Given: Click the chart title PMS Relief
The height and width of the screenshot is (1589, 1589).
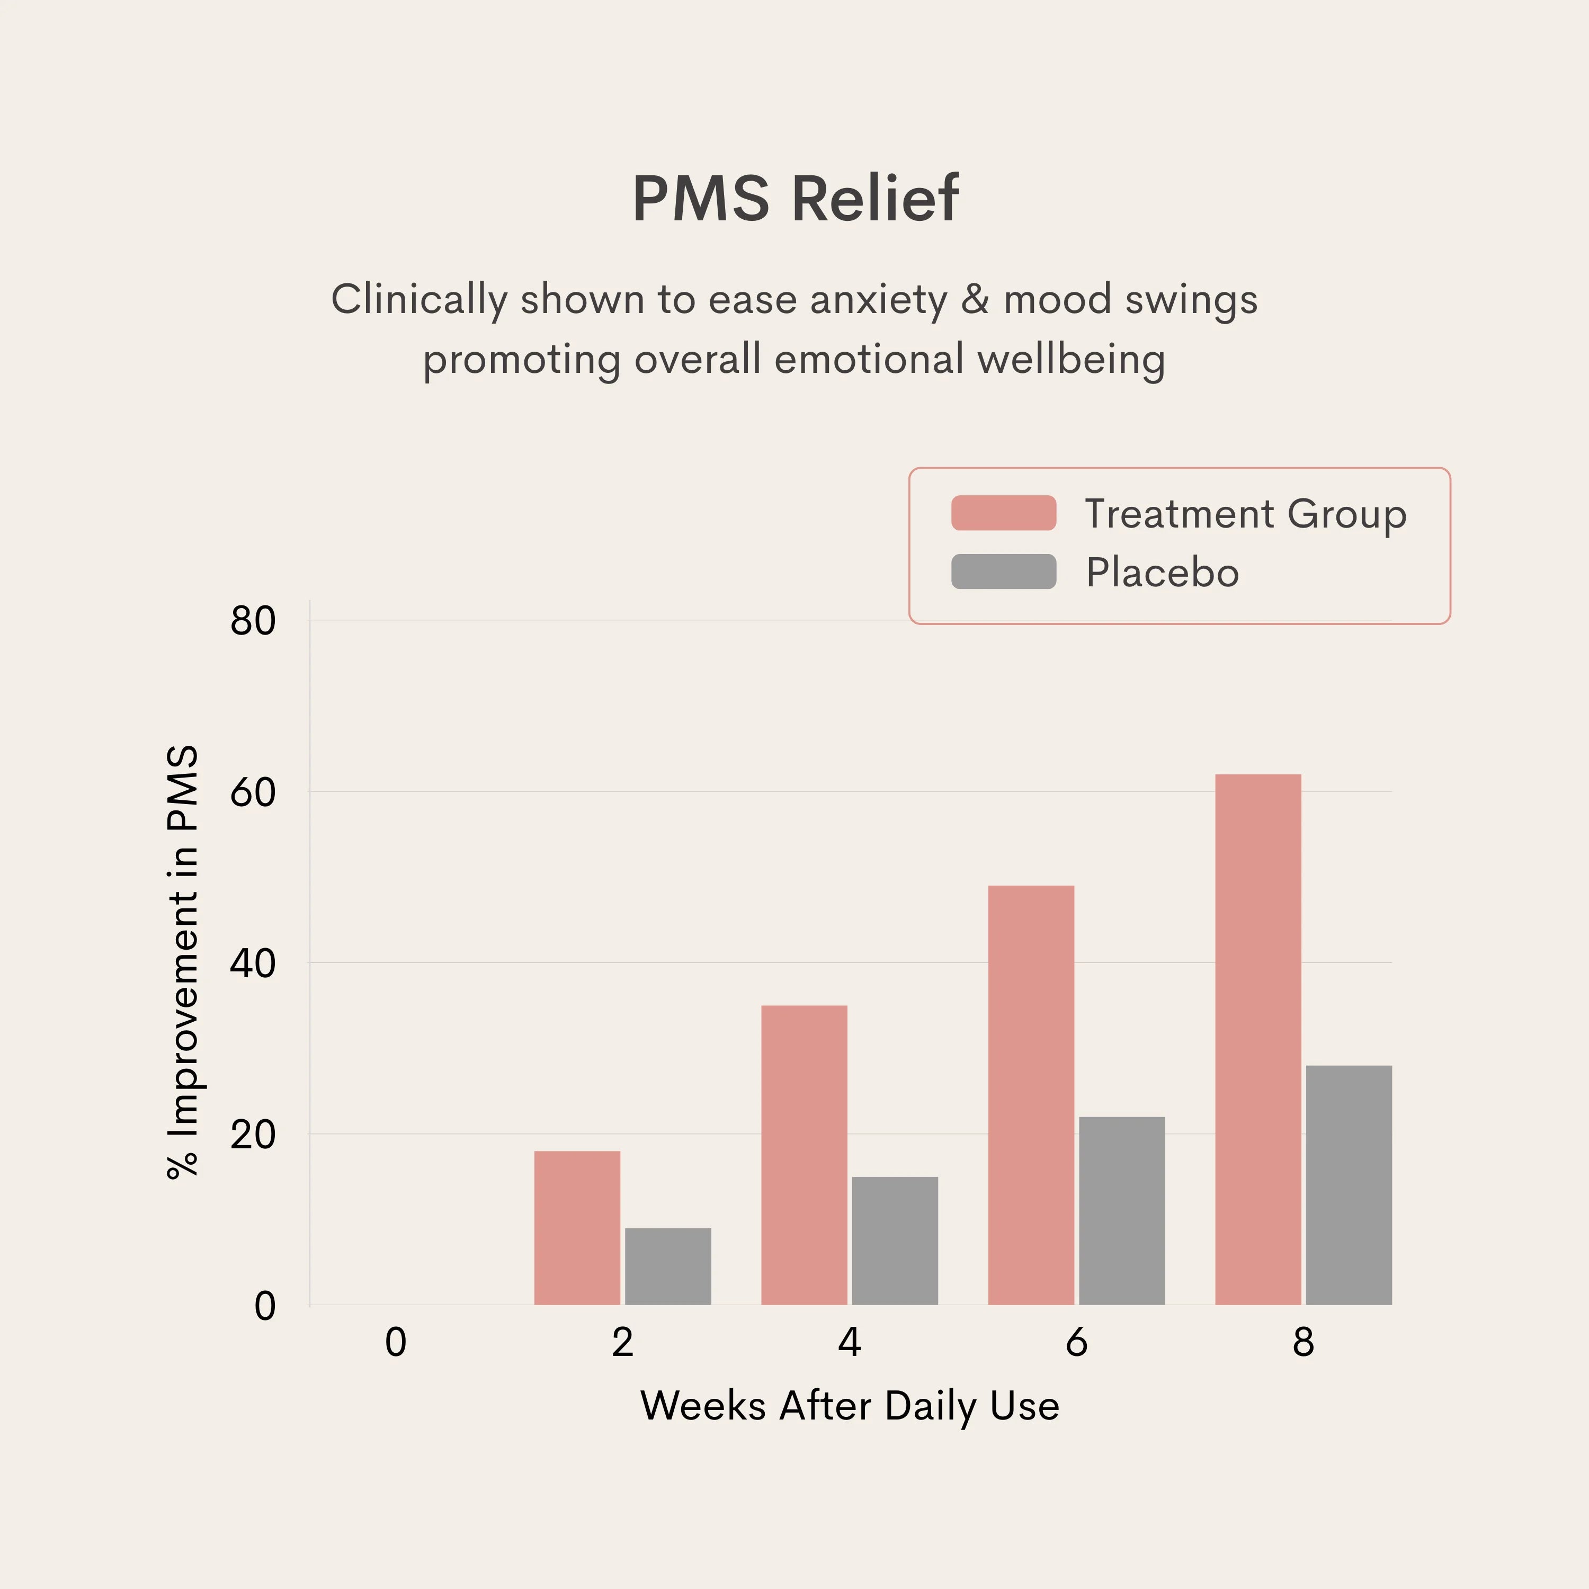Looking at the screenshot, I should click(794, 199).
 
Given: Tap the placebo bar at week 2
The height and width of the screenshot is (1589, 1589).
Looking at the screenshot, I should click(668, 1266).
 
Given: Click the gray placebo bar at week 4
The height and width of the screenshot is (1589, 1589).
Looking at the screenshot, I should click(895, 1240).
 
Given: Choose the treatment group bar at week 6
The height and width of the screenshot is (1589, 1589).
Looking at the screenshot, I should click(1031, 1095).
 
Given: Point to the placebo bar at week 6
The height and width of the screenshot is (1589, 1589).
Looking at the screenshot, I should click(1122, 1211).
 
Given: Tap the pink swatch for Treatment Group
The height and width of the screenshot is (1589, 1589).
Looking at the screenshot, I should click(1003, 513).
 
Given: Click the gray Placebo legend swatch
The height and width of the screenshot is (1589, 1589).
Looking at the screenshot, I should click(1003, 572).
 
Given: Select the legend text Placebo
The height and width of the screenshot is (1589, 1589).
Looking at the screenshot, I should click(1162, 573).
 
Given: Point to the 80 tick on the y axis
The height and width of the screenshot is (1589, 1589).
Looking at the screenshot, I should click(253, 621).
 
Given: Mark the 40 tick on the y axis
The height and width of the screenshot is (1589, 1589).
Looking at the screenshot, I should click(253, 963).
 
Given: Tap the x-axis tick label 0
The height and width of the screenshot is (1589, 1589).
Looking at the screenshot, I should click(396, 1342).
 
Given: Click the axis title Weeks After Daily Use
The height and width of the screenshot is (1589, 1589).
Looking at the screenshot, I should click(850, 1406).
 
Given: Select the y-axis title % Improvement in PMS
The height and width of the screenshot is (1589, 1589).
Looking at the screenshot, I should click(183, 962).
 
